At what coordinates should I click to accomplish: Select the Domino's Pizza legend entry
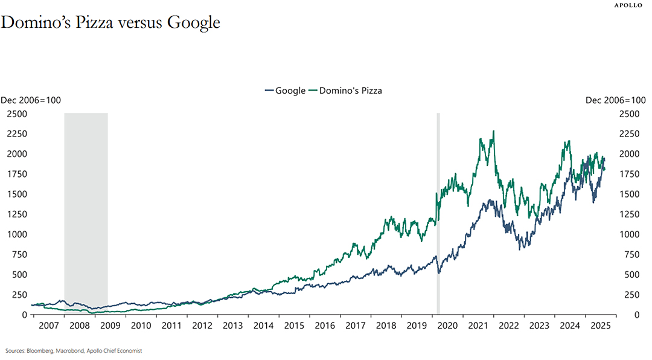click(345, 91)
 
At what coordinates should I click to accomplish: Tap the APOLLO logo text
click(628, 5)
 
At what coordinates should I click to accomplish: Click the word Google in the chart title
click(193, 22)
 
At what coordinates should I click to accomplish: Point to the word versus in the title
click(139, 23)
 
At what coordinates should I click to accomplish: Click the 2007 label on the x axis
click(49, 326)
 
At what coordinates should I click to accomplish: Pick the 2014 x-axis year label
click(263, 326)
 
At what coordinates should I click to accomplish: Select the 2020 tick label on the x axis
click(447, 326)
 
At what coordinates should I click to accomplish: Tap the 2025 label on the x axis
click(601, 326)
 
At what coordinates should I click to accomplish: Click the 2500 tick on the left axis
click(17, 114)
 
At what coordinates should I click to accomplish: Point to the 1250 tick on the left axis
click(17, 214)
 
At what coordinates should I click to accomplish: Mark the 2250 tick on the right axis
click(629, 134)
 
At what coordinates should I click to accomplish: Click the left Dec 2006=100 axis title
click(31, 100)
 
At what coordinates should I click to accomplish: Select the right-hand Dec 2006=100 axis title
click(615, 100)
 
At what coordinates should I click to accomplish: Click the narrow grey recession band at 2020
click(438, 213)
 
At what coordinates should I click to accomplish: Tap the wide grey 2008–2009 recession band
click(86, 213)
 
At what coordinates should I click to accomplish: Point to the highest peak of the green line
click(494, 132)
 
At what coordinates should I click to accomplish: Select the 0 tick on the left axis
click(25, 315)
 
